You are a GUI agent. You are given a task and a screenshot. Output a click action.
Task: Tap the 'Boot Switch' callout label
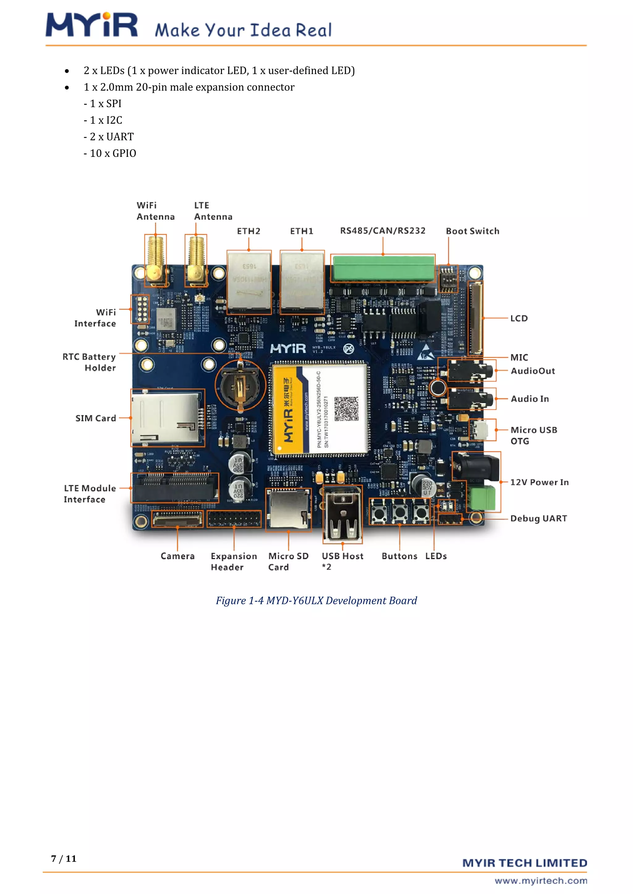coord(472,231)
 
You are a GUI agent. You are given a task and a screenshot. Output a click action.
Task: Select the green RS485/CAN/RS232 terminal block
coord(384,268)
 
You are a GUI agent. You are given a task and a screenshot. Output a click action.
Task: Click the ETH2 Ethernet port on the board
coord(249,282)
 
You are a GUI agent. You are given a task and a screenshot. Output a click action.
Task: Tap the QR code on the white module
coord(346,409)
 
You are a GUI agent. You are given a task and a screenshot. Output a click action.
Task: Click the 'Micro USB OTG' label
coord(533,435)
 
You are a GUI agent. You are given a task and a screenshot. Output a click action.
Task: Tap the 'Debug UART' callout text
coord(538,519)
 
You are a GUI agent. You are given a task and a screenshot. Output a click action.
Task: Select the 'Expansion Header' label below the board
coord(233,562)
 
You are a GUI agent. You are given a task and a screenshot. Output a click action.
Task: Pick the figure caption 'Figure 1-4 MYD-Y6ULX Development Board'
coord(316,600)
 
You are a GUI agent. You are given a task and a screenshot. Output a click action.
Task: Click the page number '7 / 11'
coord(64,858)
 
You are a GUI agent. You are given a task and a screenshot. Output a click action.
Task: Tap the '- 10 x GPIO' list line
coord(110,153)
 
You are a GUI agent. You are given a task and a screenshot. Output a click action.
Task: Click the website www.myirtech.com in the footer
coord(541,881)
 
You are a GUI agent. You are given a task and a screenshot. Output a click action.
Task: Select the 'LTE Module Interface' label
coord(90,494)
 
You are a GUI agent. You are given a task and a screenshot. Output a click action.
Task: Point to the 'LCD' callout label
coord(519,319)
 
